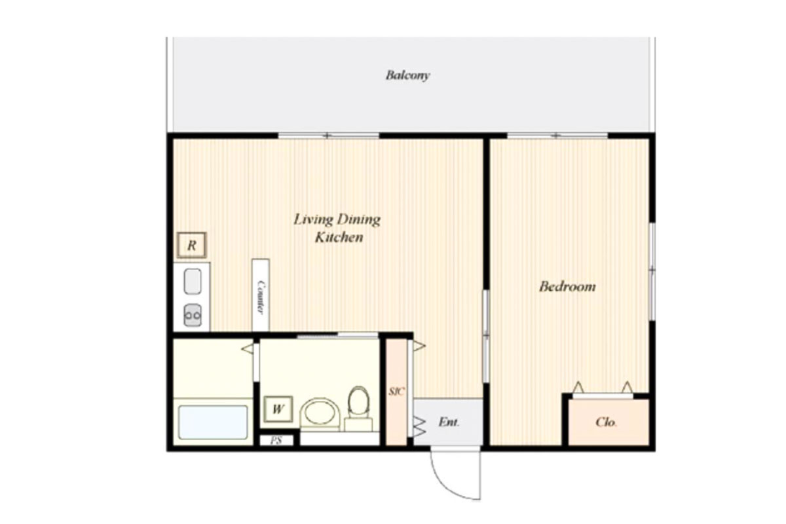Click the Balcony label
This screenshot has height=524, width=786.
tap(407, 75)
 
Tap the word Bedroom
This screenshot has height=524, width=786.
tap(567, 286)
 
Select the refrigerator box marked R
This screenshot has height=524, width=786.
tap(191, 245)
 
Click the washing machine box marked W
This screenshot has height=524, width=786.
tap(278, 409)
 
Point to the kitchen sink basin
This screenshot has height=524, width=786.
tap(193, 281)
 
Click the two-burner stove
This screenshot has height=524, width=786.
tap(193, 315)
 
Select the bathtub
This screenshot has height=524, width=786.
tap(213, 422)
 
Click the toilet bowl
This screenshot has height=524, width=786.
tap(359, 400)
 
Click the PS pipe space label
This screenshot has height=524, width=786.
tap(276, 440)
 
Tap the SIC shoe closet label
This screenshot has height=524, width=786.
tap(397, 391)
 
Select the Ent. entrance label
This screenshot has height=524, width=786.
tap(449, 422)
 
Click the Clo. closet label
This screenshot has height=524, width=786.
tap(606, 422)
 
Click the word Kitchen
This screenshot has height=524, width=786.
tap(339, 237)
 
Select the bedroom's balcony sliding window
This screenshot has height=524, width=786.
tap(557, 136)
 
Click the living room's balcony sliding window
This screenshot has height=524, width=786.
tap(329, 136)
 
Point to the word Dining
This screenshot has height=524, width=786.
tap(360, 219)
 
